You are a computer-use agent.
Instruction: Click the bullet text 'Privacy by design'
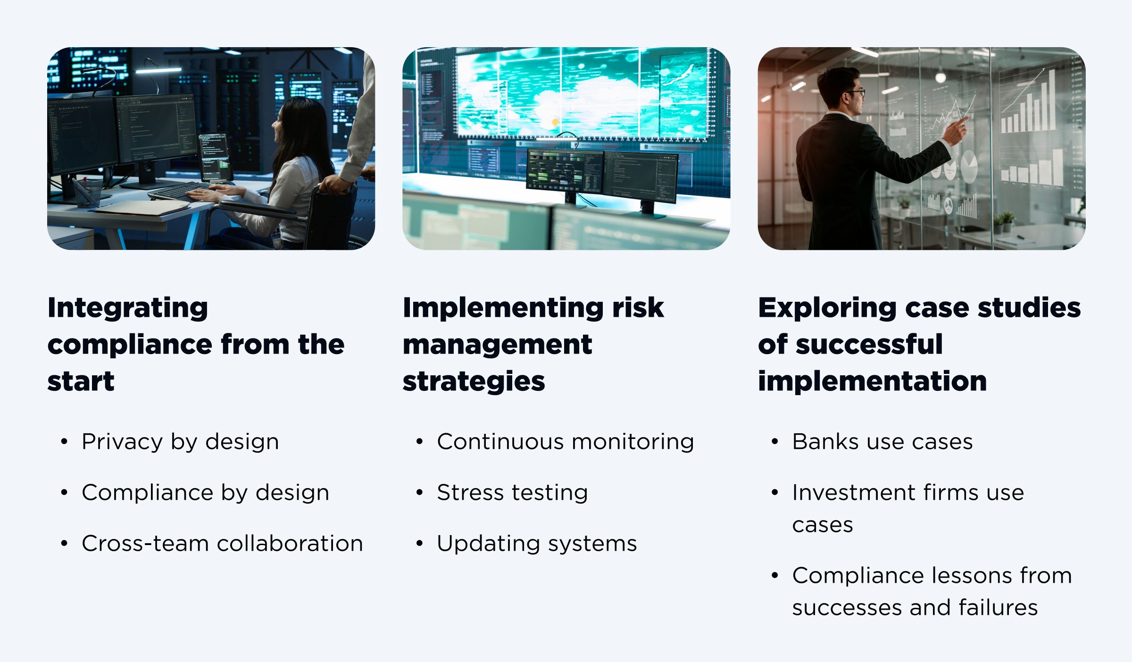[180, 442]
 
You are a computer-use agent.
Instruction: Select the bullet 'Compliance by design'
[205, 493]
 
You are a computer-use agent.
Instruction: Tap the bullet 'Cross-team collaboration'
[222, 544]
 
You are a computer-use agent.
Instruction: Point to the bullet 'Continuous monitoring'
[565, 442]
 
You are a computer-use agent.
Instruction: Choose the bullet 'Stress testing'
[512, 493]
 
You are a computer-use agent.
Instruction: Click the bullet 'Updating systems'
[537, 544]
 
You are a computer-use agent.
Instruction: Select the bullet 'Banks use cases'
[882, 442]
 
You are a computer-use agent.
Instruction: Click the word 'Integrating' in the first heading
[128, 308]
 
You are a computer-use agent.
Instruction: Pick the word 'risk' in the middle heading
[638, 308]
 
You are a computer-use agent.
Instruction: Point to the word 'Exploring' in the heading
[827, 308]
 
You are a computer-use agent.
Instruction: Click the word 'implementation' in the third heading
[872, 381]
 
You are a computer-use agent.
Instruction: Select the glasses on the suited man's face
[857, 93]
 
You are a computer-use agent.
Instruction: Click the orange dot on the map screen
[555, 122]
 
